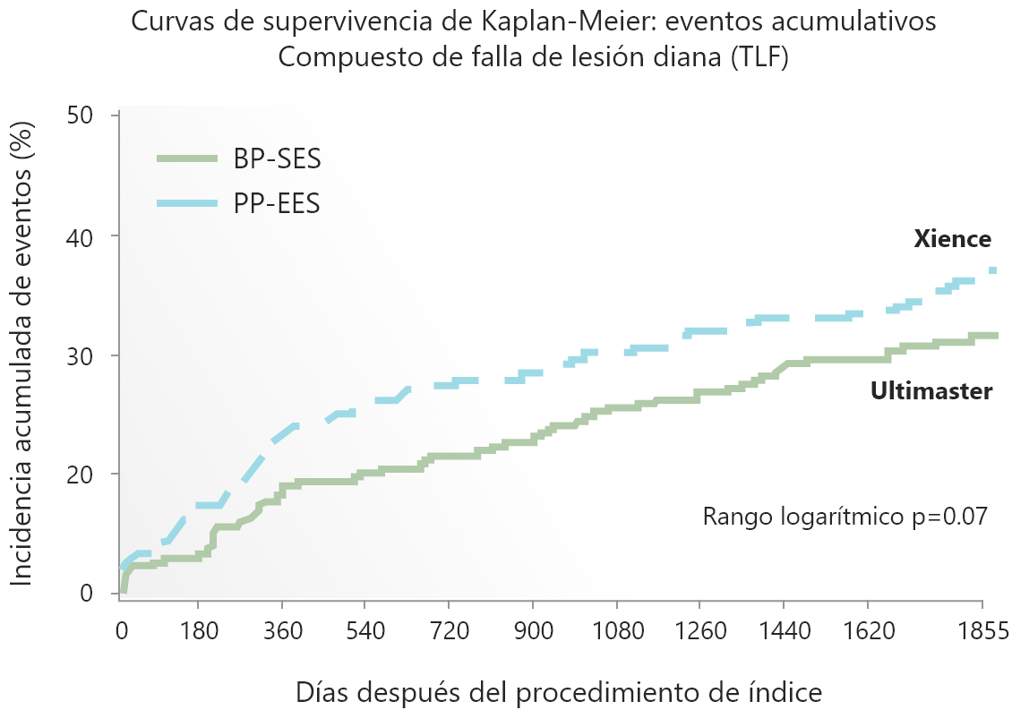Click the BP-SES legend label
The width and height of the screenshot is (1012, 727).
pyautogui.click(x=277, y=159)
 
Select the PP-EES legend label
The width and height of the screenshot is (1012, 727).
pyautogui.click(x=277, y=204)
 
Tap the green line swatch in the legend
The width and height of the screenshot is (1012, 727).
pyautogui.click(x=186, y=159)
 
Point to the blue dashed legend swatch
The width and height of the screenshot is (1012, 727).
pyautogui.click(x=186, y=204)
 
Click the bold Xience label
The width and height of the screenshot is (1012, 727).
pyautogui.click(x=952, y=240)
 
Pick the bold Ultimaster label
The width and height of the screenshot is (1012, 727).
pyautogui.click(x=931, y=391)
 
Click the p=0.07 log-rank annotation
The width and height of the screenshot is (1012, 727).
pyautogui.click(x=845, y=517)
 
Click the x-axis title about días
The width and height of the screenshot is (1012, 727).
pyautogui.click(x=558, y=692)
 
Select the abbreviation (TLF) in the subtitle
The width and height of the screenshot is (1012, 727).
pyautogui.click(x=759, y=58)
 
